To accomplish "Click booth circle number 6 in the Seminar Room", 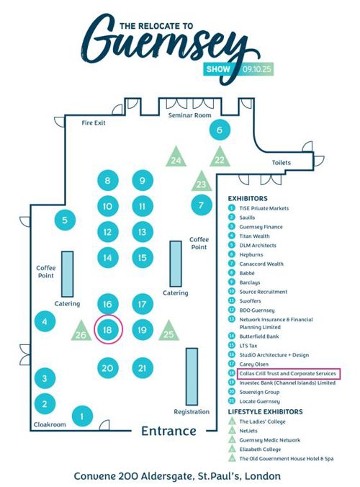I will [x=220, y=130].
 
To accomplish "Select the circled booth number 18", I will [x=107, y=330].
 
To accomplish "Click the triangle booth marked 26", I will [x=81, y=332].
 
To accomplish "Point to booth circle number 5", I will [x=65, y=220].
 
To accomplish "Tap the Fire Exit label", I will [x=94, y=122].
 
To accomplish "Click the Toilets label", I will [x=282, y=163].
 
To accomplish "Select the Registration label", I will [x=191, y=411].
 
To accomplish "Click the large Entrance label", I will [x=168, y=431].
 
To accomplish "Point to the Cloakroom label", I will [x=50, y=424].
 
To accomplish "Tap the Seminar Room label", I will [x=190, y=115].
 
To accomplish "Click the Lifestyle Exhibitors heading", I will [x=266, y=411].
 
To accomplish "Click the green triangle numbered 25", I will [x=168, y=331].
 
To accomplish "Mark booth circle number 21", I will [x=143, y=368].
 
